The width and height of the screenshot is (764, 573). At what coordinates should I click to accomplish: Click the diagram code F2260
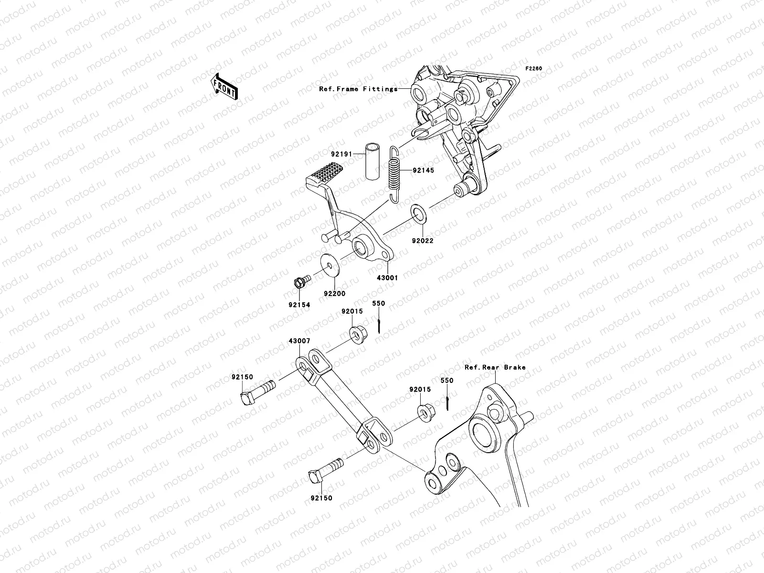click(534, 69)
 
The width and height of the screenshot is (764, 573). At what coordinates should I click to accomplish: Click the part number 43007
click(299, 342)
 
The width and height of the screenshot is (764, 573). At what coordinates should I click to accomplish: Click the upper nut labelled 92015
click(356, 332)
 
